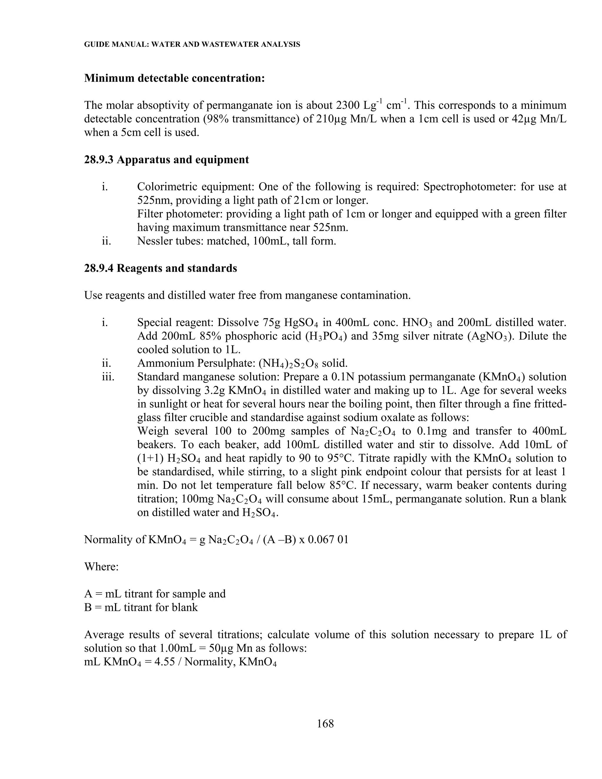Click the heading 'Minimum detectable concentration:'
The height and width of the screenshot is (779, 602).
coord(174,78)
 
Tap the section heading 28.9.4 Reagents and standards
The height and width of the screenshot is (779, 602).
coord(160,268)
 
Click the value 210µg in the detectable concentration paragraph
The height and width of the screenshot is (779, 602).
coord(331,119)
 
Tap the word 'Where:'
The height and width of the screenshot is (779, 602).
coord(101,567)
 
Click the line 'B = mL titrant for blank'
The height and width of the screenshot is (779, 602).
coord(141,607)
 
